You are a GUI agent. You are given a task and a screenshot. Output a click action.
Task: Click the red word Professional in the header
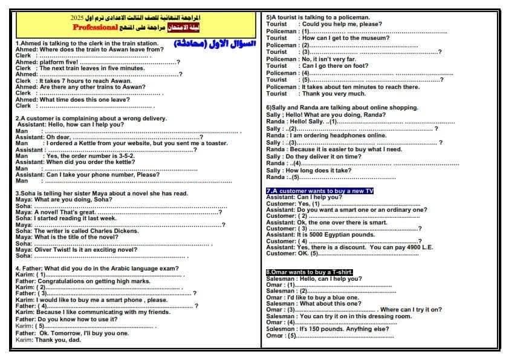(95, 27)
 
